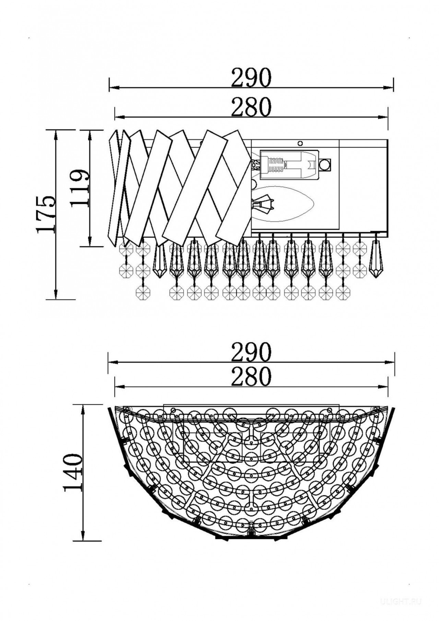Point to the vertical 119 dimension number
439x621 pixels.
pyautogui.click(x=80, y=188)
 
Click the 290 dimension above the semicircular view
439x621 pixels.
pyautogui.click(x=251, y=352)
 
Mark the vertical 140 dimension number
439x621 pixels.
pyautogui.click(x=73, y=473)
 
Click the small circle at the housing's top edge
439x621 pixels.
pyautogui.click(x=301, y=143)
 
